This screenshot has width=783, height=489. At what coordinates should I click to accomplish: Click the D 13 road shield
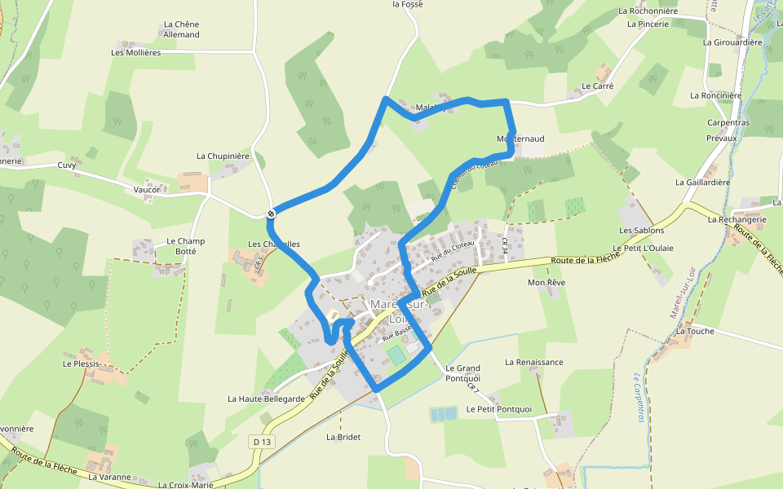click(x=261, y=441)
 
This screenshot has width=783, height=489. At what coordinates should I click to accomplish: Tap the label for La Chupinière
click(x=223, y=156)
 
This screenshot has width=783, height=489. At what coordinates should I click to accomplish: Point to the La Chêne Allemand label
click(x=181, y=29)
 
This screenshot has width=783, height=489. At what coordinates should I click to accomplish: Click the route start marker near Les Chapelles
click(x=271, y=214)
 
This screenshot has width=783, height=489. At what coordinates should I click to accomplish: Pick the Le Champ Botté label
click(x=185, y=246)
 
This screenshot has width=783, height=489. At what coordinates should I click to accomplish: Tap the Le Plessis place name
click(x=81, y=363)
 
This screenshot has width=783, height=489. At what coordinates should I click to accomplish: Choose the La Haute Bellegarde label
click(x=266, y=399)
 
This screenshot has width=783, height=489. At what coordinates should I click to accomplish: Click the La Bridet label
click(x=343, y=437)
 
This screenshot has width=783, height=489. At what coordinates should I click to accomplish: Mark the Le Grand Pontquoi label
click(x=463, y=373)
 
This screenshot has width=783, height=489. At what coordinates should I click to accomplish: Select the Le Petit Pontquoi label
click(x=499, y=409)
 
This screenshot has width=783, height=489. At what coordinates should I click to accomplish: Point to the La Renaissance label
click(x=534, y=362)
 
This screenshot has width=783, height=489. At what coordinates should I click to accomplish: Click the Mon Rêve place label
click(x=546, y=283)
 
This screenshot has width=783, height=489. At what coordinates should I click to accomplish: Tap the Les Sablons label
click(x=642, y=231)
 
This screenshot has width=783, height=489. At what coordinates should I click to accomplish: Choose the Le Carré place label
click(x=597, y=86)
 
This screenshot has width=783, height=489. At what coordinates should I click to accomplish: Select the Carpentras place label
click(x=728, y=123)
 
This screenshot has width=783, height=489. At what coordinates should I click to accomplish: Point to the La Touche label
click(x=695, y=331)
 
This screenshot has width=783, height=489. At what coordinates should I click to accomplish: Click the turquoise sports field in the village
click(x=396, y=355)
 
